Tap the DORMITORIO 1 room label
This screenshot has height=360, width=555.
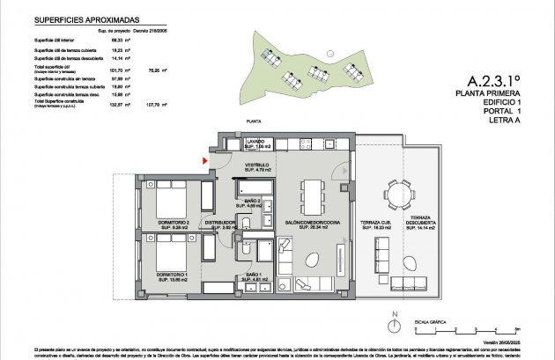tap(175, 276)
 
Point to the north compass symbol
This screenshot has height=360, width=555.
tap(400, 323)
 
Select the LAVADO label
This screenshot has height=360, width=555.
tap(256, 143)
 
